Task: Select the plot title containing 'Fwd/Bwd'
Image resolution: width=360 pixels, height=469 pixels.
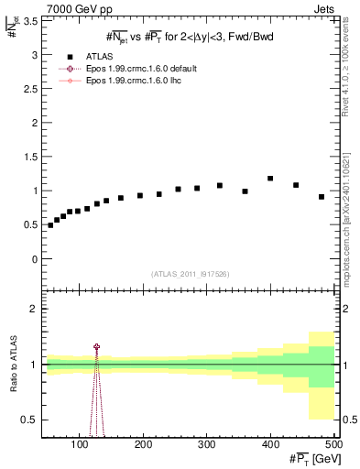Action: pyautogui.click(x=189, y=37)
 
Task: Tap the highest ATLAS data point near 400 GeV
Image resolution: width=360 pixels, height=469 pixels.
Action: pyautogui.click(x=270, y=179)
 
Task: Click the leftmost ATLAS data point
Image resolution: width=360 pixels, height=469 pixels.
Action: pyautogui.click(x=50, y=225)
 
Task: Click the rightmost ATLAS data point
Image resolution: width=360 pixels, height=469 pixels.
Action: pyautogui.click(x=322, y=197)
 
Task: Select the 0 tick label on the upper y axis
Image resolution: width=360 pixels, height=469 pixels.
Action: pyautogui.click(x=34, y=259)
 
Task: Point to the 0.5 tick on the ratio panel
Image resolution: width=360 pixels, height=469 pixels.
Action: pyautogui.click(x=28, y=420)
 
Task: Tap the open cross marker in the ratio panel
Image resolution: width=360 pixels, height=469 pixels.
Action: pyautogui.click(x=96, y=347)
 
